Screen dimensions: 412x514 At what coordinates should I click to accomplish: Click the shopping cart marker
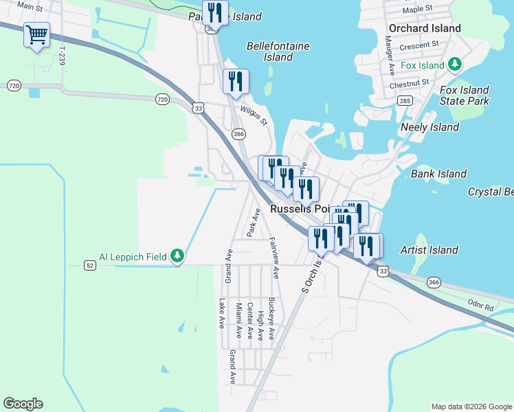point(36,34)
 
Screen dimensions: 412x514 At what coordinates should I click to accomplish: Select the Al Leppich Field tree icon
point(178,257)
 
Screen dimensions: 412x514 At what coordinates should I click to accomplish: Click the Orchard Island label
point(424,28)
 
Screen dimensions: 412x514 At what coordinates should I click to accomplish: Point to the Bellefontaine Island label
point(278,51)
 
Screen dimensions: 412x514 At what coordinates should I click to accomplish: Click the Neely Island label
point(429,127)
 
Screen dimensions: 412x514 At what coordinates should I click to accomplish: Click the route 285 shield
point(405,101)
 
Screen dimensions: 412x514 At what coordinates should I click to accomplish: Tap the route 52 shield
point(90,264)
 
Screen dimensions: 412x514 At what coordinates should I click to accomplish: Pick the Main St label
point(30,6)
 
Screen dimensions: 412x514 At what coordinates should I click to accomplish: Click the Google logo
point(23,404)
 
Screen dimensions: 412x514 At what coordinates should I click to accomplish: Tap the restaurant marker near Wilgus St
point(236,82)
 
